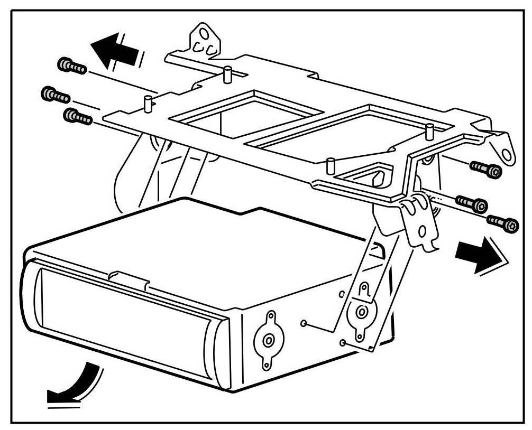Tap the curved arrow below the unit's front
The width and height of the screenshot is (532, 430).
click(75, 384)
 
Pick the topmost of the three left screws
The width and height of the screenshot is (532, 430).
click(71, 67)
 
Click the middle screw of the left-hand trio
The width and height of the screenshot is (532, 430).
click(55, 95)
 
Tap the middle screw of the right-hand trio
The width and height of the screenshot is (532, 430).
click(471, 203)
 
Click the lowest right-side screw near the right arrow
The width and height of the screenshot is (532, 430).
click(503, 223)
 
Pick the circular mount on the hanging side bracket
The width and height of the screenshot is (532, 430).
click(362, 311)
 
